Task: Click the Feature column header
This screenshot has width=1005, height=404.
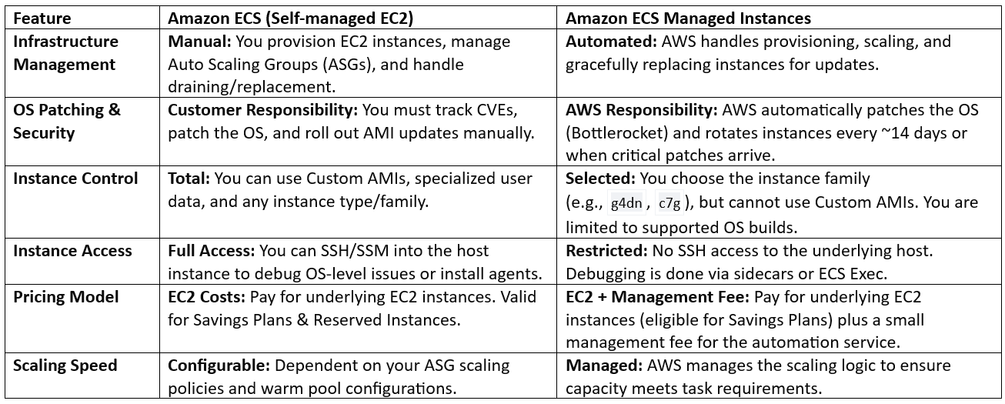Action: point(42,18)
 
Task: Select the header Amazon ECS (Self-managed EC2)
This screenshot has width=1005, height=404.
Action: point(290,18)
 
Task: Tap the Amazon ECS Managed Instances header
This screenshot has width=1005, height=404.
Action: point(688,18)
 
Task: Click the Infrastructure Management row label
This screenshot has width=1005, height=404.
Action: point(65,53)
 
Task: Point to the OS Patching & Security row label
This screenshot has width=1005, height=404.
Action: point(67,122)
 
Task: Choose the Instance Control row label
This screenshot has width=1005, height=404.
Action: point(75,179)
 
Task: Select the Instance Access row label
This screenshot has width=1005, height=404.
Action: point(72,251)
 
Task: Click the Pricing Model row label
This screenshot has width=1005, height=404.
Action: point(66,297)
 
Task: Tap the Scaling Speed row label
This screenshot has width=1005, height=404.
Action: point(65,366)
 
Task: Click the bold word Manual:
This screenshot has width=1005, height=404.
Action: point(199,42)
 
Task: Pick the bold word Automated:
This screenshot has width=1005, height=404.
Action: point(611,42)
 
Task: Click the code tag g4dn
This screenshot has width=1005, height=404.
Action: point(626,203)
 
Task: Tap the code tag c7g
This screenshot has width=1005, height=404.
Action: point(669,203)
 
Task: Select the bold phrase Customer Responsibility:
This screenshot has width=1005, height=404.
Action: point(262,111)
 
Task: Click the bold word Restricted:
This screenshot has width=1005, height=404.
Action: point(606,251)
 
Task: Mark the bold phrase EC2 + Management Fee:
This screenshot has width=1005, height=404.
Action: point(657,297)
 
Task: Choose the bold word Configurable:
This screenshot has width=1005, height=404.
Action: point(219,366)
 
